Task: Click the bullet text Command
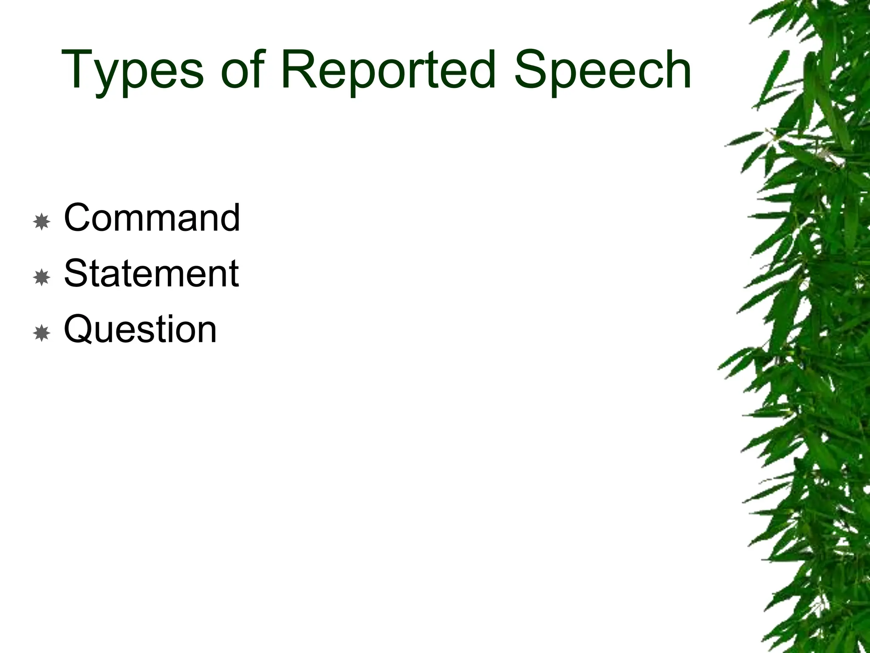152,217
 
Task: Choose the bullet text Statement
151,273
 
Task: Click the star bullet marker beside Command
42,221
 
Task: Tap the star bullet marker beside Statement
42,277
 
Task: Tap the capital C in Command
79,217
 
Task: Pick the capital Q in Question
80,329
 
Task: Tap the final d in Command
230,217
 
